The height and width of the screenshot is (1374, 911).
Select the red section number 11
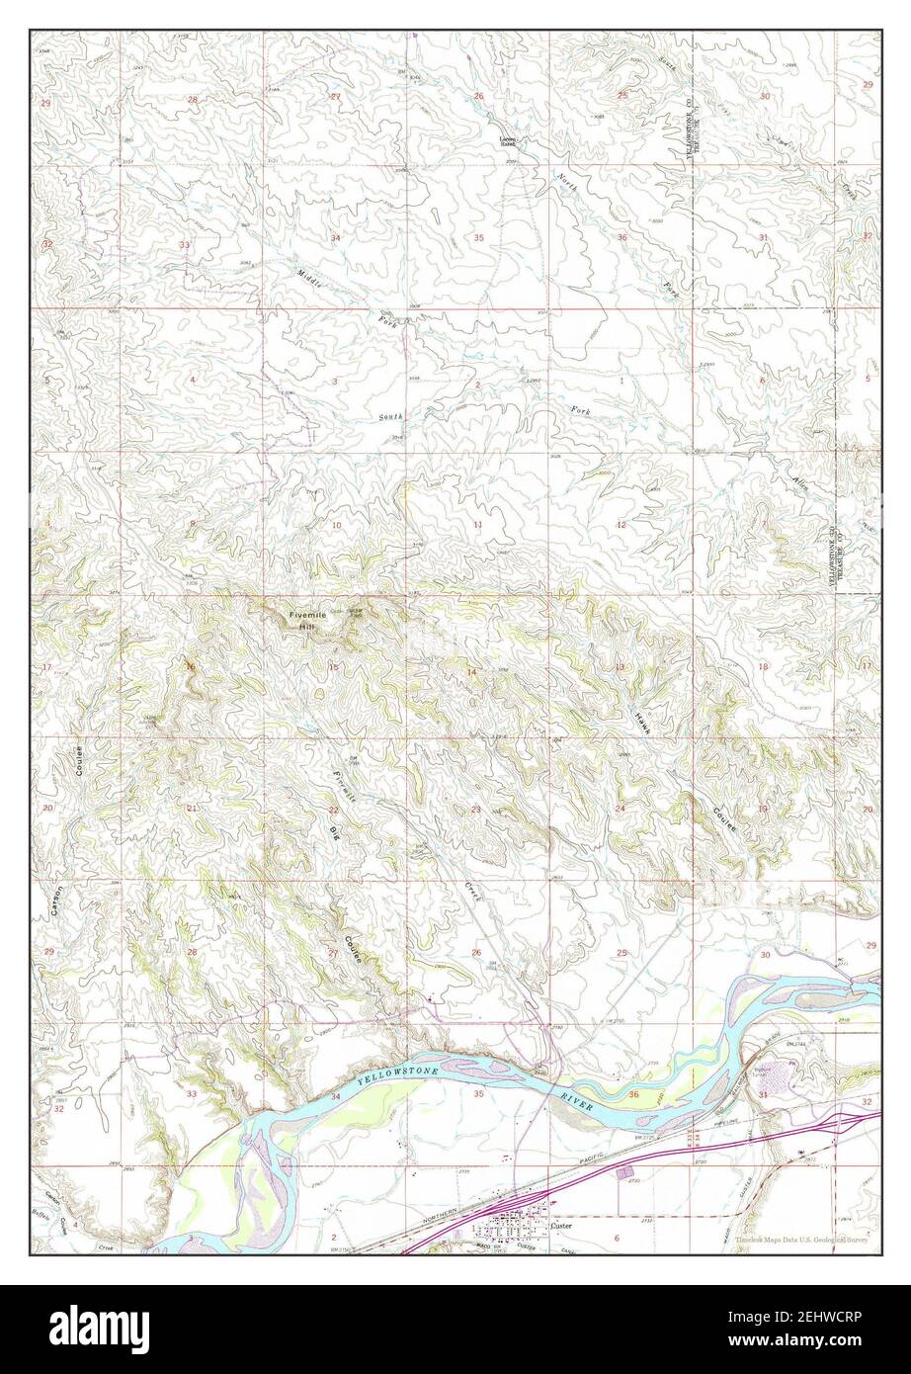pyautogui.click(x=478, y=524)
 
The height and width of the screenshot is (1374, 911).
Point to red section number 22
pyautogui.click(x=334, y=810)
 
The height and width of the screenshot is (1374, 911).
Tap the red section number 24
pyautogui.click(x=621, y=809)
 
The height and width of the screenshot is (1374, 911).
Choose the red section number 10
pyautogui.click(x=336, y=525)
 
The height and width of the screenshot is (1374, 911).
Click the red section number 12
pyautogui.click(x=621, y=524)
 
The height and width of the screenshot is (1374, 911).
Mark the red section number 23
pyautogui.click(x=476, y=810)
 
